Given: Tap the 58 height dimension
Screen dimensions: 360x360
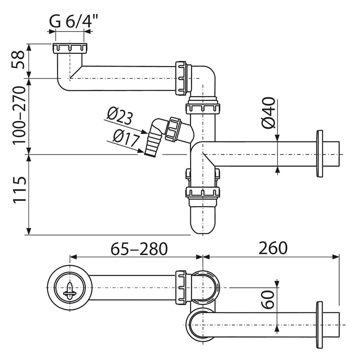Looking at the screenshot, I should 18,60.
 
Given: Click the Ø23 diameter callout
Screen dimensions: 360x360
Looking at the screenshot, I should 120,117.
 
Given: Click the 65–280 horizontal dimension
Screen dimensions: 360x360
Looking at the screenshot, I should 139,248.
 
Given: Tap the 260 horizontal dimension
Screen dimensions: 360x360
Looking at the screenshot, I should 273,248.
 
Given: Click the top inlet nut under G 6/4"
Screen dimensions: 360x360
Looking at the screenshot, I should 70,48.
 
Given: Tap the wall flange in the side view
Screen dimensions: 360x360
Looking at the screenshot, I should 319,154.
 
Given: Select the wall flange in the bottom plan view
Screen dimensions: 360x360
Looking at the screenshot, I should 319,325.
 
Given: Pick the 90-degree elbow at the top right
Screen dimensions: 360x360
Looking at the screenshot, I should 205,77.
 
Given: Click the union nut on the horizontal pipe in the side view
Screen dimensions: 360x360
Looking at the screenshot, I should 181,78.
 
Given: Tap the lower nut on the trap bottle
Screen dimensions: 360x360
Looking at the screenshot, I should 203,192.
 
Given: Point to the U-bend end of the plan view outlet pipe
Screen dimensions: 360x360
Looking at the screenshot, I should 196,324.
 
